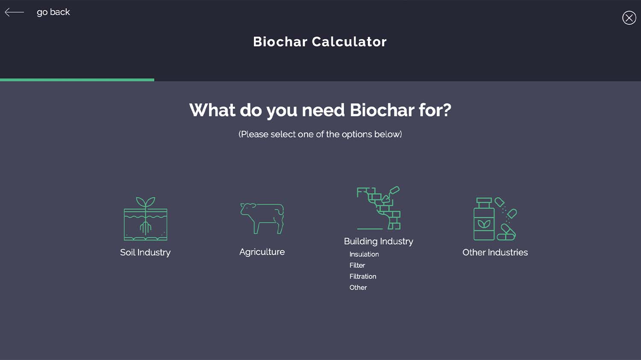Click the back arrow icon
click(14, 12)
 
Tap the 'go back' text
click(53, 12)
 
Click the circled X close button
click(629, 18)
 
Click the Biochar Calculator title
click(320, 42)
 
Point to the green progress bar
click(77, 80)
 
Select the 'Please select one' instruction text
click(320, 135)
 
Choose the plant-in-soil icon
click(145, 219)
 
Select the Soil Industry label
click(145, 252)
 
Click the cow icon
click(262, 218)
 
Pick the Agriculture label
click(262, 252)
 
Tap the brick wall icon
click(379, 208)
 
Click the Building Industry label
click(379, 241)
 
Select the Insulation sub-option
click(364, 254)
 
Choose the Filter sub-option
click(357, 265)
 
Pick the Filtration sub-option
click(363, 276)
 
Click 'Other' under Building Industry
click(358, 288)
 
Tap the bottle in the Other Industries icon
click(484, 219)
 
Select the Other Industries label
click(495, 252)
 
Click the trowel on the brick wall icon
click(391, 194)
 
